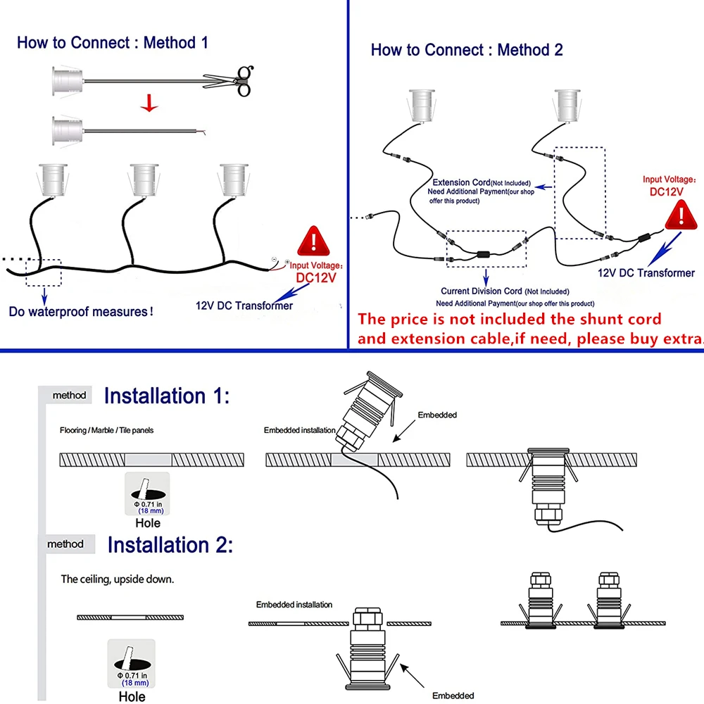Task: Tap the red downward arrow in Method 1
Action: point(149,104)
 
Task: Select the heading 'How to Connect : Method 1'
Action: point(113,42)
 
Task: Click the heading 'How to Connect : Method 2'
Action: point(467,49)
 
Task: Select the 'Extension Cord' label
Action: point(461,182)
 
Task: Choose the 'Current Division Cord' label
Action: point(482,291)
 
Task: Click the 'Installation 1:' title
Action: point(166,396)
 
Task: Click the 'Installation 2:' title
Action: point(170,544)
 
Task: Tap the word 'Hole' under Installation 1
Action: point(147,523)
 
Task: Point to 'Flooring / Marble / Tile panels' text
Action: point(106,429)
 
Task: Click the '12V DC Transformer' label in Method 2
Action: point(646,273)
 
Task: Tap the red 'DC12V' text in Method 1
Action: point(315,277)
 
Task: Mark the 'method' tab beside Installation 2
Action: point(65,544)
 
